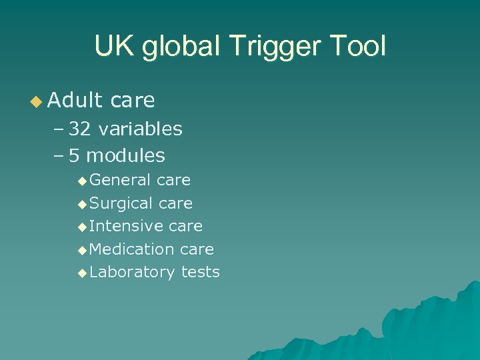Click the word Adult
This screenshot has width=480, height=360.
pos(76,101)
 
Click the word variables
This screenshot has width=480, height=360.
pos(140,129)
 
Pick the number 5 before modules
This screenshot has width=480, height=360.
pos(74,156)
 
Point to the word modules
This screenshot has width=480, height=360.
pos(126,156)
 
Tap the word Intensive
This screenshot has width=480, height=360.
pos(127,226)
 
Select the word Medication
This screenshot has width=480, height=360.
pos(131,249)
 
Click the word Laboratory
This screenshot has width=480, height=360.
pos(132,272)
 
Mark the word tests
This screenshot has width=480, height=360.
pos(200,272)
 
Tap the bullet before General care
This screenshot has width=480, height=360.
pos(82,181)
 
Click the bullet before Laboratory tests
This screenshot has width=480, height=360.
pos(82,273)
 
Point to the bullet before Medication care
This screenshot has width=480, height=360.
pos(82,250)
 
